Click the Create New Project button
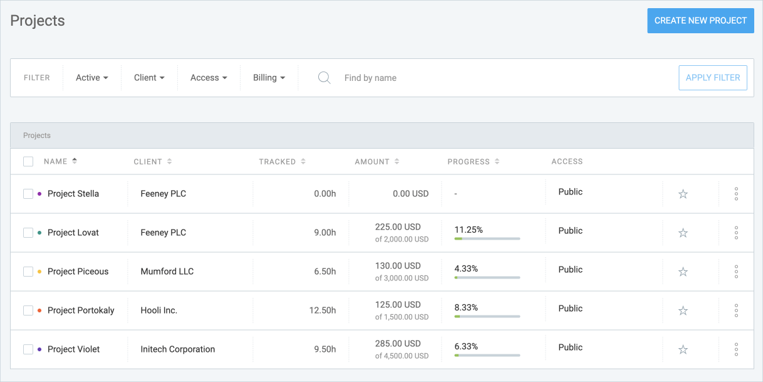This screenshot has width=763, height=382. click(700, 21)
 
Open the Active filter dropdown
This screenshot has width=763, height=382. click(91, 78)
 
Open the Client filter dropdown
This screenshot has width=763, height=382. click(149, 78)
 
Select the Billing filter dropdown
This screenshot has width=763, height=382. click(269, 78)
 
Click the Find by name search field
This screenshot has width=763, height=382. click(439, 78)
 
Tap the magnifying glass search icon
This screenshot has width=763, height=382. click(324, 78)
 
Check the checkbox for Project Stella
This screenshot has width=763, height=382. click(28, 194)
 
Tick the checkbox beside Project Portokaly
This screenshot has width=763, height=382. click(28, 310)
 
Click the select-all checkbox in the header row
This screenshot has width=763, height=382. click(28, 162)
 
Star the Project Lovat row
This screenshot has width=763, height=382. click(683, 233)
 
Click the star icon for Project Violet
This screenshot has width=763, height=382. click(683, 350)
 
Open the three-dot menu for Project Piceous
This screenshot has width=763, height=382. click(736, 272)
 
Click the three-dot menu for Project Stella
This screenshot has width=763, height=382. click(736, 194)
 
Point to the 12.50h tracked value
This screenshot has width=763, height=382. click(323, 310)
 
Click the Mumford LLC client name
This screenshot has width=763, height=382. click(167, 272)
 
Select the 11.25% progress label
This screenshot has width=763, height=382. click(469, 230)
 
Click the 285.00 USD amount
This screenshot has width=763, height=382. click(398, 344)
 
